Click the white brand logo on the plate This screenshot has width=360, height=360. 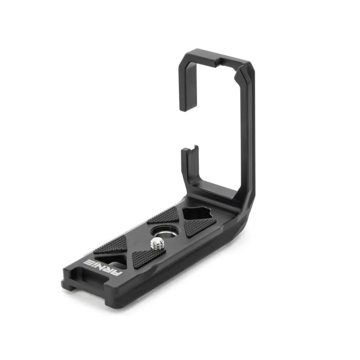click(104, 268)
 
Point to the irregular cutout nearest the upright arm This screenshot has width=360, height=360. click(197, 214)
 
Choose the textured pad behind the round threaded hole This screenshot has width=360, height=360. click(164, 215)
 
